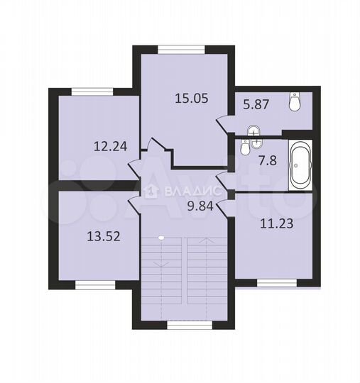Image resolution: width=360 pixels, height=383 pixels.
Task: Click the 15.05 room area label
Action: pos(192,99)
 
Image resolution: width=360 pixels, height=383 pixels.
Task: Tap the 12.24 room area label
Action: pos(111,147)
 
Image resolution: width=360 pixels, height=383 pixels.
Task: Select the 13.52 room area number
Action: pos(104,236)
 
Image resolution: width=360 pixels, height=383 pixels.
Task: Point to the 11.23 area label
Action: pos(277,223)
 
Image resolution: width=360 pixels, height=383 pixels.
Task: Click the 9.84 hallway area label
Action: pos(200,206)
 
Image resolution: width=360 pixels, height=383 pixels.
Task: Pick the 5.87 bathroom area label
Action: pos(256,104)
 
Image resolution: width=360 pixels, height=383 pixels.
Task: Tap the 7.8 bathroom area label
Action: pos(268,161)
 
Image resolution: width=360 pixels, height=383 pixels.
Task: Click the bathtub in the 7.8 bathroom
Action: pos(300,165)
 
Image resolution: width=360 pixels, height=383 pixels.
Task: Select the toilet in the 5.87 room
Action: pos(295,101)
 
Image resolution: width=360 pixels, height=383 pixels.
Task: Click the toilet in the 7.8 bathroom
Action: pos(244,148)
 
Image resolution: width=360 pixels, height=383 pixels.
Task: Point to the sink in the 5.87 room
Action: pos(254,131)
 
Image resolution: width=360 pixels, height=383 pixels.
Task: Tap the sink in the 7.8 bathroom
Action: pos(256,143)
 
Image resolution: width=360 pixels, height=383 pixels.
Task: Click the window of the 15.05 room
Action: pos(181,50)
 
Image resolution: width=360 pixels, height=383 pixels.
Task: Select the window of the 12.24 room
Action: pos(92,91)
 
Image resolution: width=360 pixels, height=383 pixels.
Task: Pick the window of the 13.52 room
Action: pos(95,285)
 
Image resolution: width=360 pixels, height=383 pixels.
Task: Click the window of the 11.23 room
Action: pos(277,283)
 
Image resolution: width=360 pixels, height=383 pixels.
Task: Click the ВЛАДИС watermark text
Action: pos(192,191)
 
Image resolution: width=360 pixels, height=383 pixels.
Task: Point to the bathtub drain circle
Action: pos(296,165)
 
